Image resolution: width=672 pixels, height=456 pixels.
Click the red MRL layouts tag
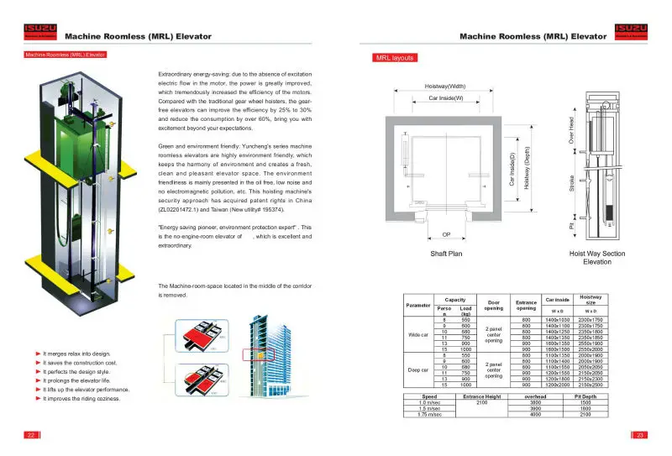[394, 58]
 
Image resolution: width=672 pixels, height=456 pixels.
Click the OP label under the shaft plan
[445, 234]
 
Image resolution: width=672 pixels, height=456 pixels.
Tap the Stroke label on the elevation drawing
[571, 181]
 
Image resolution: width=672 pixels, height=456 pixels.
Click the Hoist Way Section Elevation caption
[596, 257]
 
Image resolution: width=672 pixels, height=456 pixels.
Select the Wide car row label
[417, 335]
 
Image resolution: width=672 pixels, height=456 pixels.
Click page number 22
[30, 435]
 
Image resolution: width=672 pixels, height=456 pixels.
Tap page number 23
[640, 435]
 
